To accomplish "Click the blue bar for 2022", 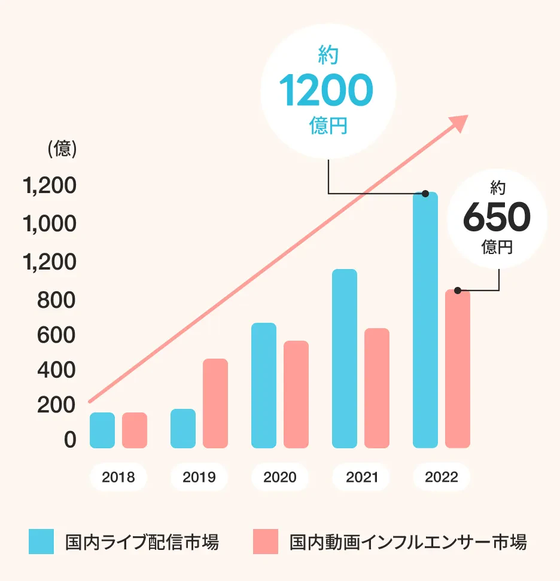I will [425, 320].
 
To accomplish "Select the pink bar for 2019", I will [215, 403].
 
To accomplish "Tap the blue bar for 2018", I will [102, 430].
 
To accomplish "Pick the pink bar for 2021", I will [377, 389].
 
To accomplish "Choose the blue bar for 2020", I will [264, 386].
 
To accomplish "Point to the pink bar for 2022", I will [458, 369].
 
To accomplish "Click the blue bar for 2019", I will [183, 429].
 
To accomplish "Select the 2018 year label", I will [118, 477].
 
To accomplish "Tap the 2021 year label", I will [361, 477].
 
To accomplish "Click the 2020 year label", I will [280, 477].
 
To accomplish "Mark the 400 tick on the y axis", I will [57, 371].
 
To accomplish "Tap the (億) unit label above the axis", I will [62, 149].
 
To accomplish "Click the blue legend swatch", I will [41, 542].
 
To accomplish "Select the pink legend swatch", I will [266, 542].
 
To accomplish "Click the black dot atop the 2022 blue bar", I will [425, 194].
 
